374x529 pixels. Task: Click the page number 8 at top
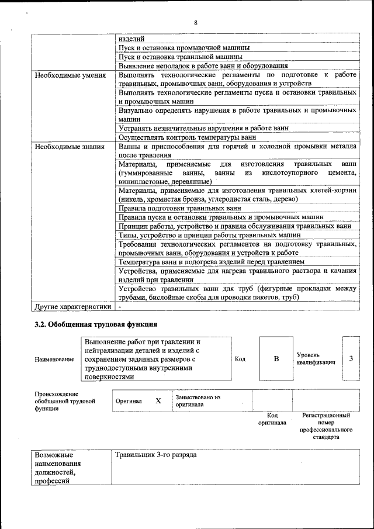(x=196, y=23)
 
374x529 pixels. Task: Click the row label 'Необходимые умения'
(x=70, y=75)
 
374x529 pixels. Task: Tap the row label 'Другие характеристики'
(x=72, y=306)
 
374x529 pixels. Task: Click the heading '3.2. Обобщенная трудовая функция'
(x=96, y=324)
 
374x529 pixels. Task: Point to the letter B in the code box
(x=276, y=358)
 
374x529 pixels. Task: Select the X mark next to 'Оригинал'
(x=158, y=401)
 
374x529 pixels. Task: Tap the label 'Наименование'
(x=54, y=359)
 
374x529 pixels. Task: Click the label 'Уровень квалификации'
(x=316, y=358)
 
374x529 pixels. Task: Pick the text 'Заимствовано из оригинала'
(x=198, y=400)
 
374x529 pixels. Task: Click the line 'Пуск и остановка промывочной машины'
(x=184, y=47)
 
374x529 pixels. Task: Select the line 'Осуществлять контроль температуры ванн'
(x=187, y=137)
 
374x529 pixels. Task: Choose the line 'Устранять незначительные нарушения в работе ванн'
(x=203, y=128)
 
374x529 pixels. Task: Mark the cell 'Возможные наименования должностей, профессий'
(x=56, y=468)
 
